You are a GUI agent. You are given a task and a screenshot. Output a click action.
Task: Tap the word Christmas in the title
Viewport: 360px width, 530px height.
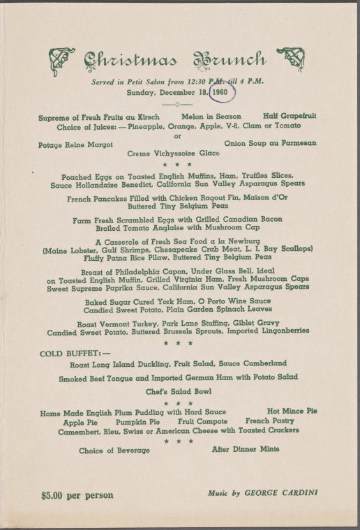(130, 61)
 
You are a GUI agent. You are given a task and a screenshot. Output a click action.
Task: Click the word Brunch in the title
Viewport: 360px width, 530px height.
(228, 61)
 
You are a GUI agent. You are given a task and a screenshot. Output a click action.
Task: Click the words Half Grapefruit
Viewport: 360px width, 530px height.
(290, 116)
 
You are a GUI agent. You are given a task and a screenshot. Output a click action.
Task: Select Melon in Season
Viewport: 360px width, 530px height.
(211, 116)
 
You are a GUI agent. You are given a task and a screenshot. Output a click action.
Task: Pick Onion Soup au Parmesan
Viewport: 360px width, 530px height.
(270, 143)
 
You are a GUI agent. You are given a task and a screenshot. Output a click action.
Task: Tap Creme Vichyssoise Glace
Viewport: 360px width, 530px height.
(174, 152)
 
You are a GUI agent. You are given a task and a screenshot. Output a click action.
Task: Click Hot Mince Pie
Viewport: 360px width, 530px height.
(292, 411)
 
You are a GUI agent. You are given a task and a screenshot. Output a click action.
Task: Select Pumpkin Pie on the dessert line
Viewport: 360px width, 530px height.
(137, 422)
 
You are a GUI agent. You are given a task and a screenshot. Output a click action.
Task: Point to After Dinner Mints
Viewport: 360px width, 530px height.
(246, 450)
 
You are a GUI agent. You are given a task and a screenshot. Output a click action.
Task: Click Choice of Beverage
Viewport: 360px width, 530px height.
(114, 450)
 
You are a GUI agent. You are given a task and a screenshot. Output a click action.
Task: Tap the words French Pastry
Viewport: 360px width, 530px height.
(271, 421)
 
